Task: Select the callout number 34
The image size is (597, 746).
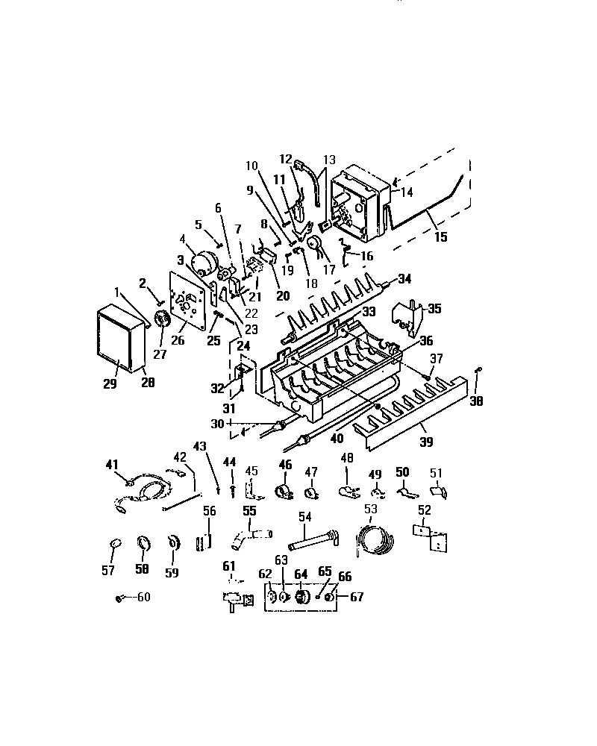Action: point(404,279)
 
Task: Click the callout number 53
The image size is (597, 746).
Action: point(371,509)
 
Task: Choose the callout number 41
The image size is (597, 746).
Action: point(112,465)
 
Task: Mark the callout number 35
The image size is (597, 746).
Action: point(434,308)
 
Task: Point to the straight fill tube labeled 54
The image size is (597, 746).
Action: point(313,541)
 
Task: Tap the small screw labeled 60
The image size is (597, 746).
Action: point(119,598)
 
